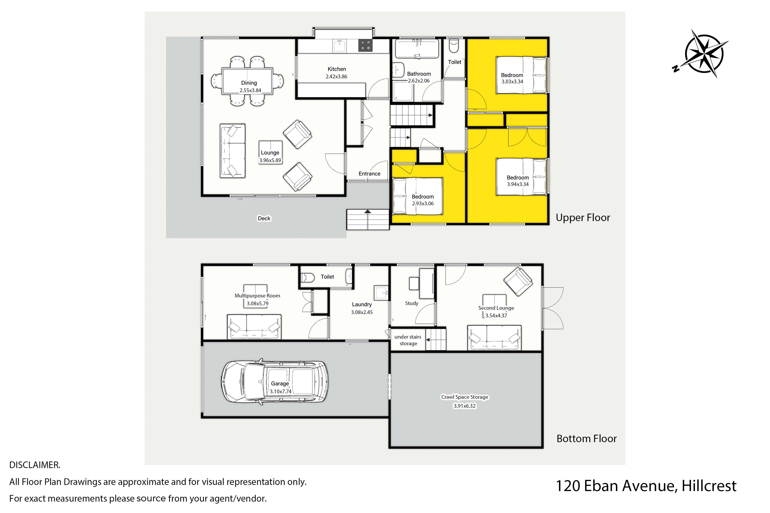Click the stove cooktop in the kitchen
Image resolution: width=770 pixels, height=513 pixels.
click(x=365, y=45)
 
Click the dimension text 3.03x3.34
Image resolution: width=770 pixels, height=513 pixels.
click(x=512, y=81)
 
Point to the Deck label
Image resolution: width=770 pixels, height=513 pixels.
click(x=264, y=218)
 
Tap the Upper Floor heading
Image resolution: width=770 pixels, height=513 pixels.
click(x=583, y=218)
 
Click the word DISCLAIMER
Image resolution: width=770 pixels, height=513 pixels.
click(x=35, y=465)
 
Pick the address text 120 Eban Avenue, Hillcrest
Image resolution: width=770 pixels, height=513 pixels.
click(x=646, y=486)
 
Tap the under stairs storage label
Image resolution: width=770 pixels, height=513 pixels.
click(x=408, y=340)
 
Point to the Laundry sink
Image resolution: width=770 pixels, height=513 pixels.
click(x=381, y=292)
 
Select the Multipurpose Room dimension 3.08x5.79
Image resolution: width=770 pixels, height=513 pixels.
click(x=258, y=304)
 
